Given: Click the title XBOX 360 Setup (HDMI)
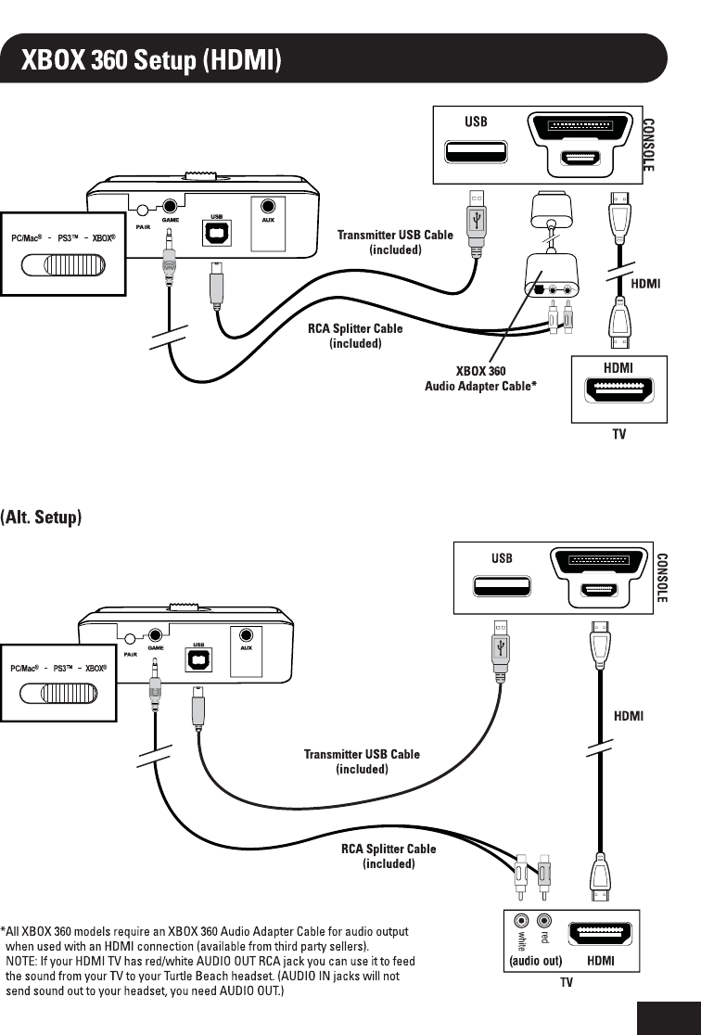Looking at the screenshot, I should (x=152, y=60).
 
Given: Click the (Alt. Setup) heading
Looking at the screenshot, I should (x=42, y=517).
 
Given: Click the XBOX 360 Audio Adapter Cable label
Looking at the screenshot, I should (x=480, y=378).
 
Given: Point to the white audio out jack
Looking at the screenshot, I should (x=522, y=921).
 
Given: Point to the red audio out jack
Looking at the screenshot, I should (x=545, y=921).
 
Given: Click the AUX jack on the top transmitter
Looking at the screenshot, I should (x=268, y=209).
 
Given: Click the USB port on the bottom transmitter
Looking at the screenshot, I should (x=198, y=658).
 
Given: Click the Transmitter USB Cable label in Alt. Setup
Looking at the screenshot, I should (x=362, y=761).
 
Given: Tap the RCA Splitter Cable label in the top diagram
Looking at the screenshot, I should (x=355, y=336).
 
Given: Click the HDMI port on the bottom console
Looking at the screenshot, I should (x=599, y=590).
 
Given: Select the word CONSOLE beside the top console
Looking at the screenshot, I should (x=649, y=144).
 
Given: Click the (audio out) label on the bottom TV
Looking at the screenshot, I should (x=536, y=961).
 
